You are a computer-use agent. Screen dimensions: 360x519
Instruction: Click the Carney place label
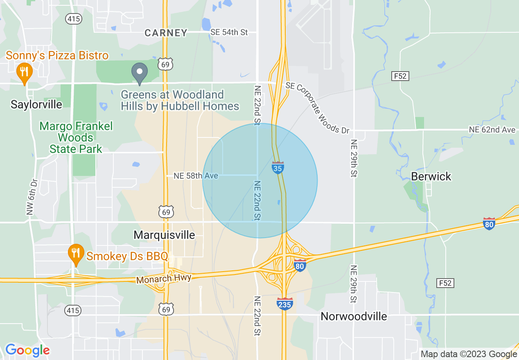pos(166,33)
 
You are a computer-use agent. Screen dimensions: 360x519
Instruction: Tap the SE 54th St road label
pos(229,32)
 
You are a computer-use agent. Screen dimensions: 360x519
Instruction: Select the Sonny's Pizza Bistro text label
pos(57,56)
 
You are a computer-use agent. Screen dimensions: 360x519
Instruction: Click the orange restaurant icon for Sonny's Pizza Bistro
pos(25,72)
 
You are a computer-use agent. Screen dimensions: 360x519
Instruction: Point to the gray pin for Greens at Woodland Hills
pos(140,72)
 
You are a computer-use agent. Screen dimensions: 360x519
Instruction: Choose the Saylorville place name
pos(36,104)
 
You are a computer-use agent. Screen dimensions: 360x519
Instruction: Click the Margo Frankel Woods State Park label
pos(76,137)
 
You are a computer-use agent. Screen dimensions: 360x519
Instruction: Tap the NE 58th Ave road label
pos(196,176)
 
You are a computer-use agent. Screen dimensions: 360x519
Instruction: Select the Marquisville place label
pos(165,235)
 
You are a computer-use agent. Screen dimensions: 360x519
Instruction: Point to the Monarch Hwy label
pos(164,279)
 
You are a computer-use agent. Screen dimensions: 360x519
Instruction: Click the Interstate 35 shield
pos(278,167)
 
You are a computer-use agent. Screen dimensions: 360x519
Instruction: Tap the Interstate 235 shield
pos(285,304)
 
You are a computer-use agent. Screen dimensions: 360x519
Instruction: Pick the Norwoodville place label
pos(354,316)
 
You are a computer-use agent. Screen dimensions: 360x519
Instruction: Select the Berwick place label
pos(431,176)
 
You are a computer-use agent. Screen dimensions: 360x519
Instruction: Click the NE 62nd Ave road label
pos(492,130)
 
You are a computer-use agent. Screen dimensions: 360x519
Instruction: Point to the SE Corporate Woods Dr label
pos(318,108)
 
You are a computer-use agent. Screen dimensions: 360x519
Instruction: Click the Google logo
pos(27,350)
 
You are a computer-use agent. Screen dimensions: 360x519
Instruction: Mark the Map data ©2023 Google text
pos(469,354)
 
